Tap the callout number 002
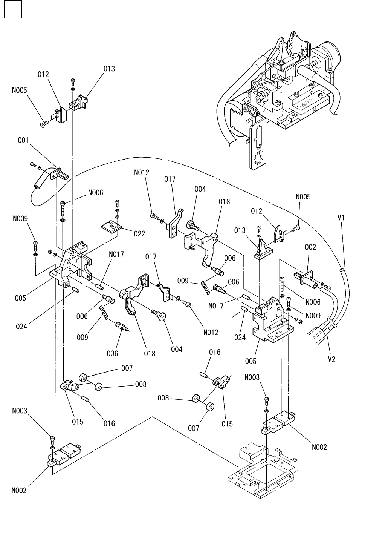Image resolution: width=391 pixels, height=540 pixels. point(310,247)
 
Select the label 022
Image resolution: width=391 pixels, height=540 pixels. point(139,234)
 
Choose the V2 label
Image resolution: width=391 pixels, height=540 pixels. point(331,359)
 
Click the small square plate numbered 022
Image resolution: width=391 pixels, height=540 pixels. point(112,226)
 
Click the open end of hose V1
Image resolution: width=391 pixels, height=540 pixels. point(341,270)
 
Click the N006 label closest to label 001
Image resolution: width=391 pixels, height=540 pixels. point(96,192)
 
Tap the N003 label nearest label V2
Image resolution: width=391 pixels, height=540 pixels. point(263,377)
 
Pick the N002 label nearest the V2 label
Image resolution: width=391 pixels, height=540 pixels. point(319,447)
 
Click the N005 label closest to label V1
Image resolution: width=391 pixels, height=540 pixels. point(303,197)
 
